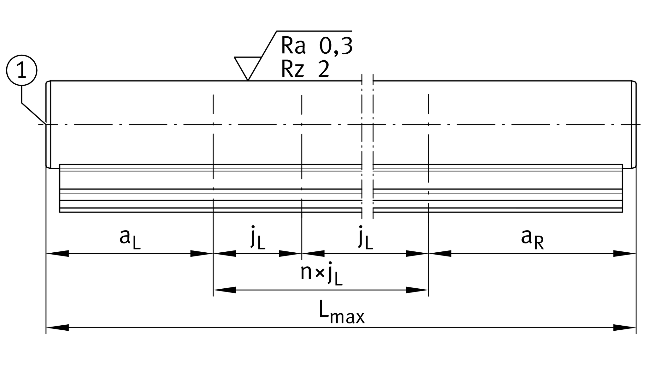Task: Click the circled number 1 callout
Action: coord(22,70)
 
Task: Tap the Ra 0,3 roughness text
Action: coord(316,46)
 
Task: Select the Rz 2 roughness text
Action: coord(305,69)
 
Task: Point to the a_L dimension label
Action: coord(130,238)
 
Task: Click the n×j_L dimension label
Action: coord(321,274)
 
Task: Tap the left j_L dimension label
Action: coord(258,238)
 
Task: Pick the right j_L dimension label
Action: coord(365,238)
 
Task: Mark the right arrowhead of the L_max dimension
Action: coord(625,328)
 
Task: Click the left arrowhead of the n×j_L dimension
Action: coord(225,290)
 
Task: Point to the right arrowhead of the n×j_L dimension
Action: coord(417,290)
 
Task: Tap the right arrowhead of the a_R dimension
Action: coord(625,253)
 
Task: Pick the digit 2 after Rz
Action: coord(324,69)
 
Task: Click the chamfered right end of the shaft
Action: coord(634,125)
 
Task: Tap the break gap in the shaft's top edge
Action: coord(368,81)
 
